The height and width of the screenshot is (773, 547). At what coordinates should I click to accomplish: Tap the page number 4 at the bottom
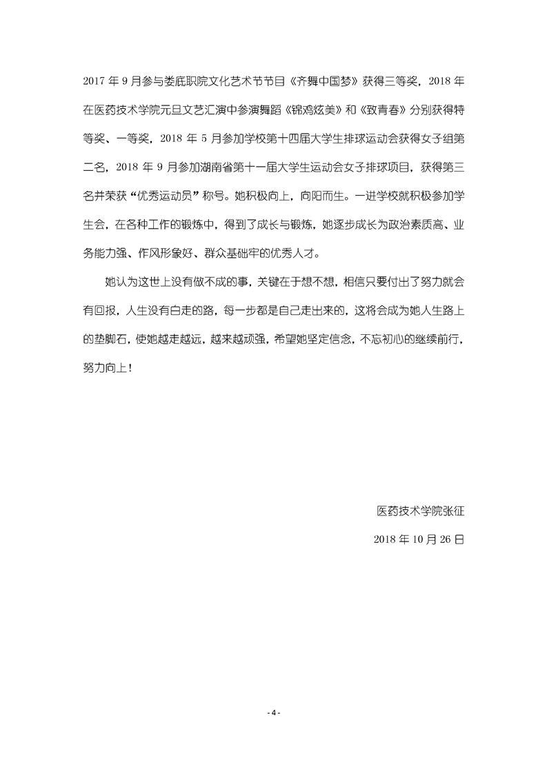click(x=274, y=712)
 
